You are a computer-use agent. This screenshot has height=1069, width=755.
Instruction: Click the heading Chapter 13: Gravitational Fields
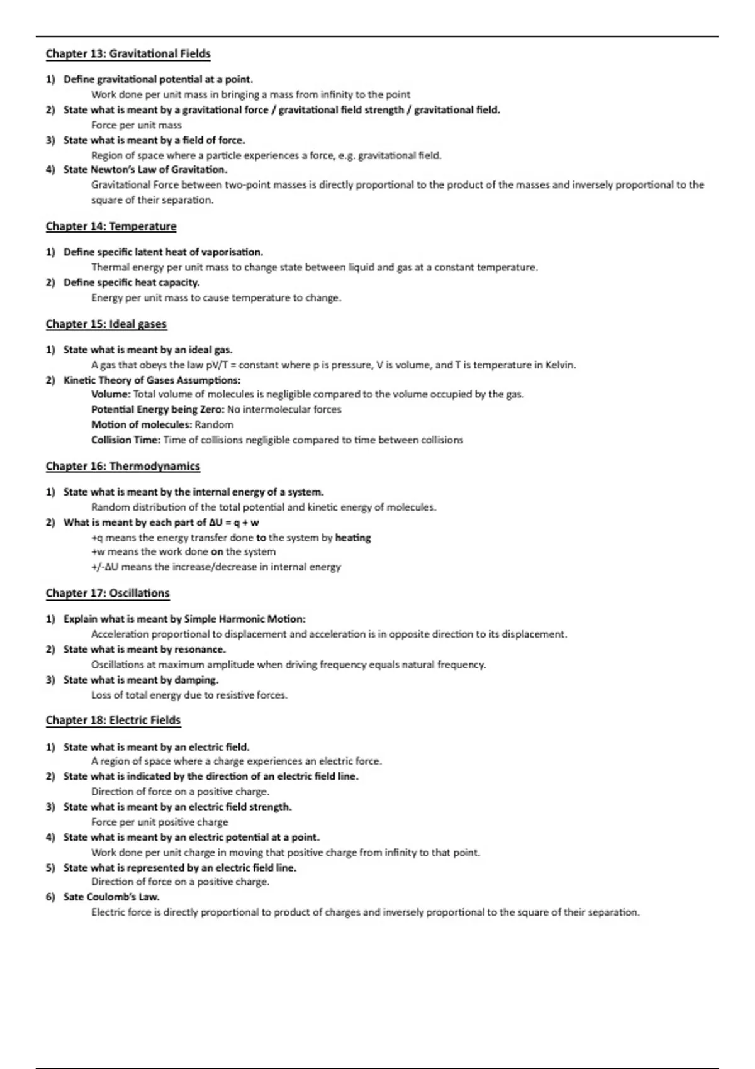click(x=128, y=54)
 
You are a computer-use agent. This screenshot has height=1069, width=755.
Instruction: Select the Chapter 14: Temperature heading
click(x=111, y=226)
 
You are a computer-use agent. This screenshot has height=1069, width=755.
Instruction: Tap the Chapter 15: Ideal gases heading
click(x=106, y=324)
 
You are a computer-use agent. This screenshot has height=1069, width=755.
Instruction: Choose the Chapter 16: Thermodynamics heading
click(x=123, y=467)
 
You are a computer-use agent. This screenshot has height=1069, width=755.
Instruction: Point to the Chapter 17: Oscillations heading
click(x=108, y=594)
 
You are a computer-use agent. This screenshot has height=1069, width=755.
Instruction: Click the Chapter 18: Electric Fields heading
click(x=113, y=721)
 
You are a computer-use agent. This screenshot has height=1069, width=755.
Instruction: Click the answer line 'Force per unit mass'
click(x=137, y=125)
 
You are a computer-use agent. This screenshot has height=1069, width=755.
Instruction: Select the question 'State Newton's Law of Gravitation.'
click(x=145, y=170)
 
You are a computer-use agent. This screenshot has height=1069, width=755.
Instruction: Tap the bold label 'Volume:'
click(x=111, y=395)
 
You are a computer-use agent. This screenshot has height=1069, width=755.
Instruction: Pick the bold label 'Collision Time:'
click(x=126, y=440)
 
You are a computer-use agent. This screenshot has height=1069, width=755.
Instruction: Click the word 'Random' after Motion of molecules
click(x=214, y=425)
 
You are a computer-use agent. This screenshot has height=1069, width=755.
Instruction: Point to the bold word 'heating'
click(x=353, y=538)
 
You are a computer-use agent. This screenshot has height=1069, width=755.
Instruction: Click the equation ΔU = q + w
click(x=234, y=523)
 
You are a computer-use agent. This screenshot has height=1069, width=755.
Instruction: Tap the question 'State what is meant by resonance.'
click(x=144, y=650)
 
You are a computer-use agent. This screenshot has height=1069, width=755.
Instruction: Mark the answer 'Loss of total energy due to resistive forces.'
click(x=189, y=695)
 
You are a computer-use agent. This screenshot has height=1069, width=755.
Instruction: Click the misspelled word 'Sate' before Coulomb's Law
click(x=73, y=897)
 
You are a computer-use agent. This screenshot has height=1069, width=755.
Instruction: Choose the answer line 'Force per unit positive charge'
click(x=160, y=823)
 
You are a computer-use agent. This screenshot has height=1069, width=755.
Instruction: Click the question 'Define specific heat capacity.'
click(x=131, y=283)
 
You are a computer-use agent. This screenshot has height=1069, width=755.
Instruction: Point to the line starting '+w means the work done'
click(x=183, y=552)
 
